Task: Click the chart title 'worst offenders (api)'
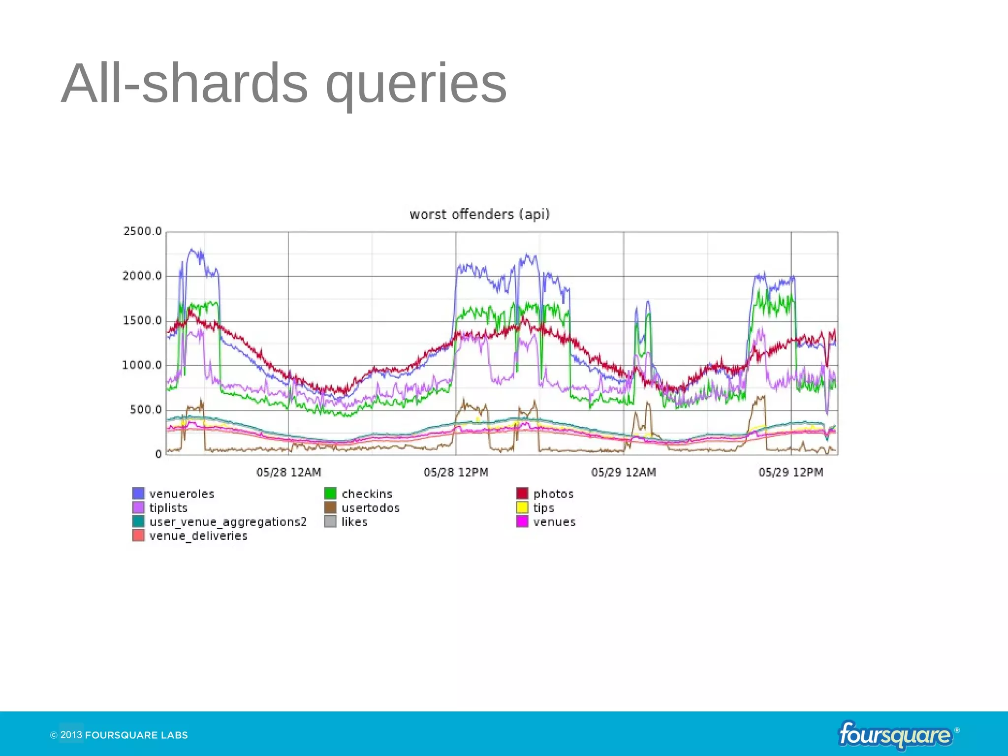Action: pos(479,215)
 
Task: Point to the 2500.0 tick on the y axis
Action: pos(142,231)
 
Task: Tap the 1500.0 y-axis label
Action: pos(142,321)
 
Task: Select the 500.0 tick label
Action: pos(145,410)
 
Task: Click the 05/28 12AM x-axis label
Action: pos(288,472)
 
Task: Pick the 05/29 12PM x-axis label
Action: pos(790,472)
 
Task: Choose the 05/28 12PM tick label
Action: pos(456,472)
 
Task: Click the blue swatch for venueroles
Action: pos(138,493)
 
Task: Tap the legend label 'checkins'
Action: pos(367,494)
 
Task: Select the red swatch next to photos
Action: pos(522,493)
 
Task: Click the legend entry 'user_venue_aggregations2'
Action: pos(228,522)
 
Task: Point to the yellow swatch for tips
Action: pos(522,507)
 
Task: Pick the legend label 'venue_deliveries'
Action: pos(198,535)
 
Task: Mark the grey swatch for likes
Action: pos(330,521)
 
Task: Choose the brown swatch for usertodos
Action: pos(330,507)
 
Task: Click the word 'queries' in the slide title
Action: pos(416,84)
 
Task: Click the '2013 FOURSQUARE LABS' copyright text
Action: pos(119,735)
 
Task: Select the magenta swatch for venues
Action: pos(522,521)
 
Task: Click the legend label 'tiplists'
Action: pos(168,507)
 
